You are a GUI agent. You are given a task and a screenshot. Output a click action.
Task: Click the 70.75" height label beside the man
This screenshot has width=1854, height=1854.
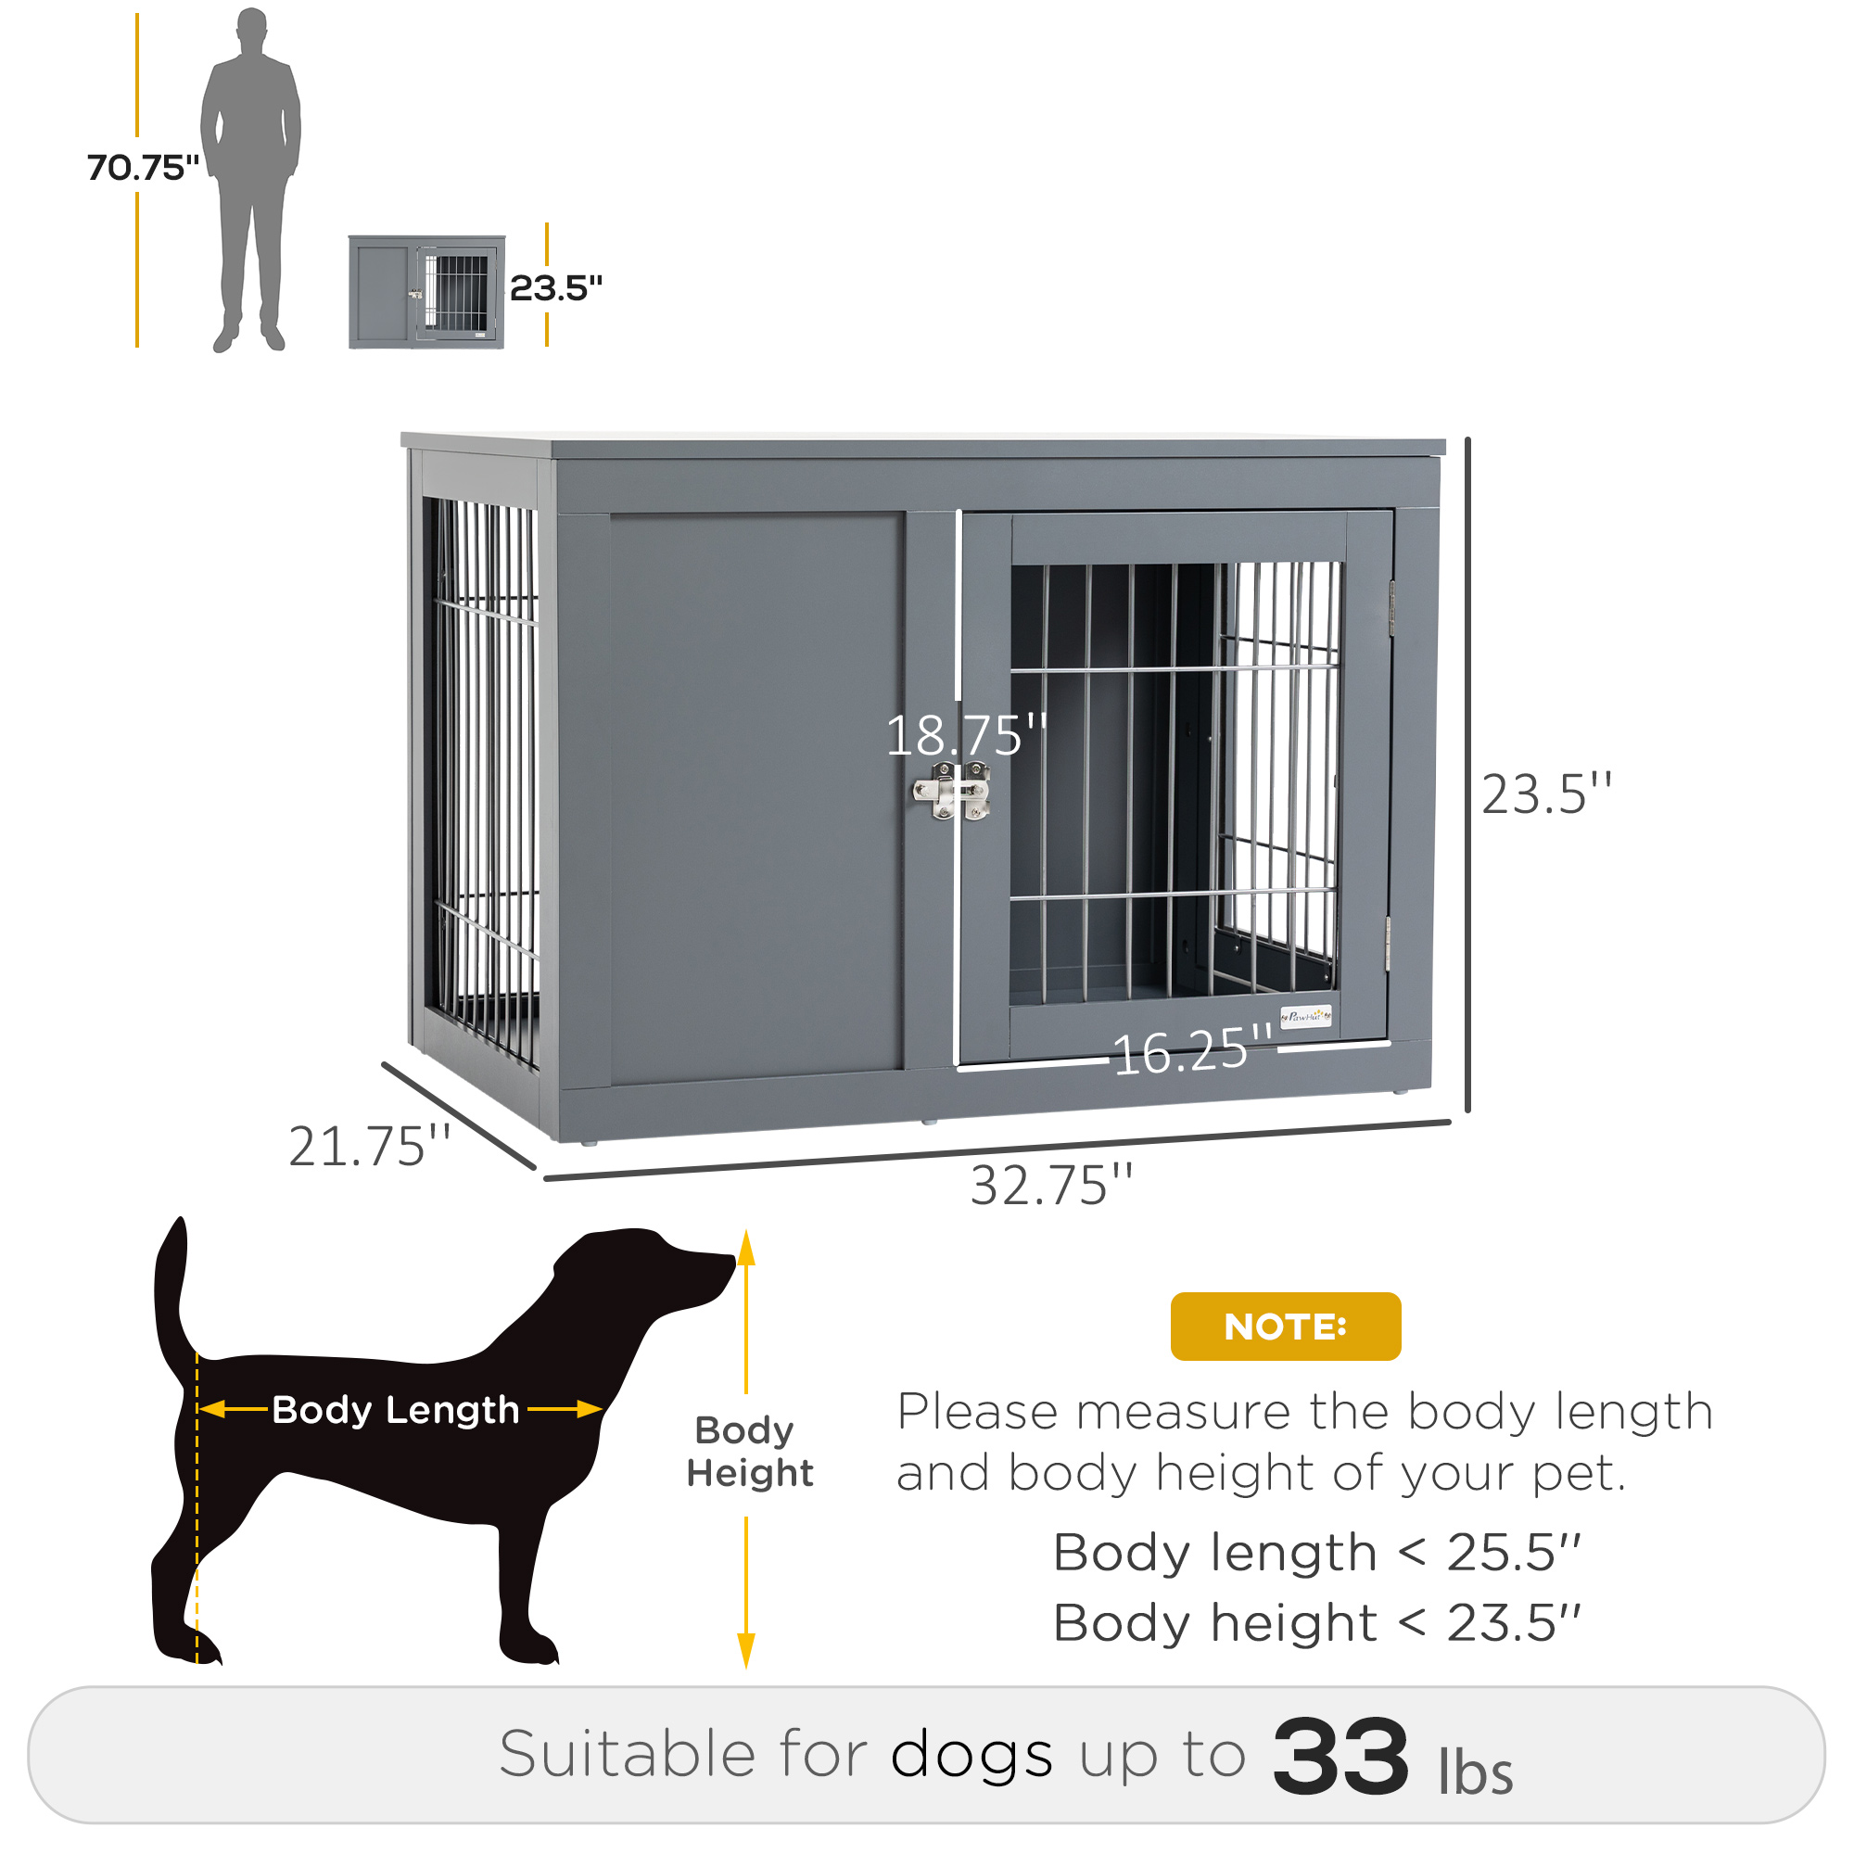pyautogui.click(x=143, y=167)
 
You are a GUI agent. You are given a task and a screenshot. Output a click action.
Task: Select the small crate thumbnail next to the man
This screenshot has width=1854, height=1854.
pyautogui.click(x=426, y=292)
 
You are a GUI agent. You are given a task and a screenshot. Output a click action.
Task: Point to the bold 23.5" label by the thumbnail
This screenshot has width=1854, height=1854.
pyautogui.click(x=555, y=288)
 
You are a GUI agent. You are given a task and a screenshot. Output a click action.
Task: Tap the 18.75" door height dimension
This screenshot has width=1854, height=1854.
pyautogui.click(x=965, y=736)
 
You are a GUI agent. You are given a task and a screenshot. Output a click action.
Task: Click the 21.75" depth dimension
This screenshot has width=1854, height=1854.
pyautogui.click(x=370, y=1147)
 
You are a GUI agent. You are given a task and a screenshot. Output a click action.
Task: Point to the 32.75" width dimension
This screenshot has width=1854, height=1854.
pyautogui.click(x=1052, y=1187)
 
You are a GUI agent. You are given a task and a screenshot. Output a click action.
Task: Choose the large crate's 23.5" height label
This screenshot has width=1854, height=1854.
pyautogui.click(x=1546, y=794)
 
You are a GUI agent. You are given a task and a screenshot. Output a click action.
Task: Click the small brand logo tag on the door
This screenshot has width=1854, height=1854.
pyautogui.click(x=1306, y=1016)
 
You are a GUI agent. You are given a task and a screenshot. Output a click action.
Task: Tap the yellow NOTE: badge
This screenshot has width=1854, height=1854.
pyautogui.click(x=1285, y=1327)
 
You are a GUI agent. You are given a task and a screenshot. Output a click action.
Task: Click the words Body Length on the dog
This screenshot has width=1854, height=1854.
pyautogui.click(x=396, y=1410)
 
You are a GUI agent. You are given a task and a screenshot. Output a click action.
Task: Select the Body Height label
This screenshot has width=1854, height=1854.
pyautogui.click(x=749, y=1451)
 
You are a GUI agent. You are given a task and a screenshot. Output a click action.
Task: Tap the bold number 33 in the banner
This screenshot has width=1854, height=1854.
pyautogui.click(x=1340, y=1757)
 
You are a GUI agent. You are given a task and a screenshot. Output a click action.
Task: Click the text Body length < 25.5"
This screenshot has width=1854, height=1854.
pyautogui.click(x=1315, y=1553)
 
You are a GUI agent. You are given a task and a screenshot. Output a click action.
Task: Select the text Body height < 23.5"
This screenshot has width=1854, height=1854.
pyautogui.click(x=1315, y=1623)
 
